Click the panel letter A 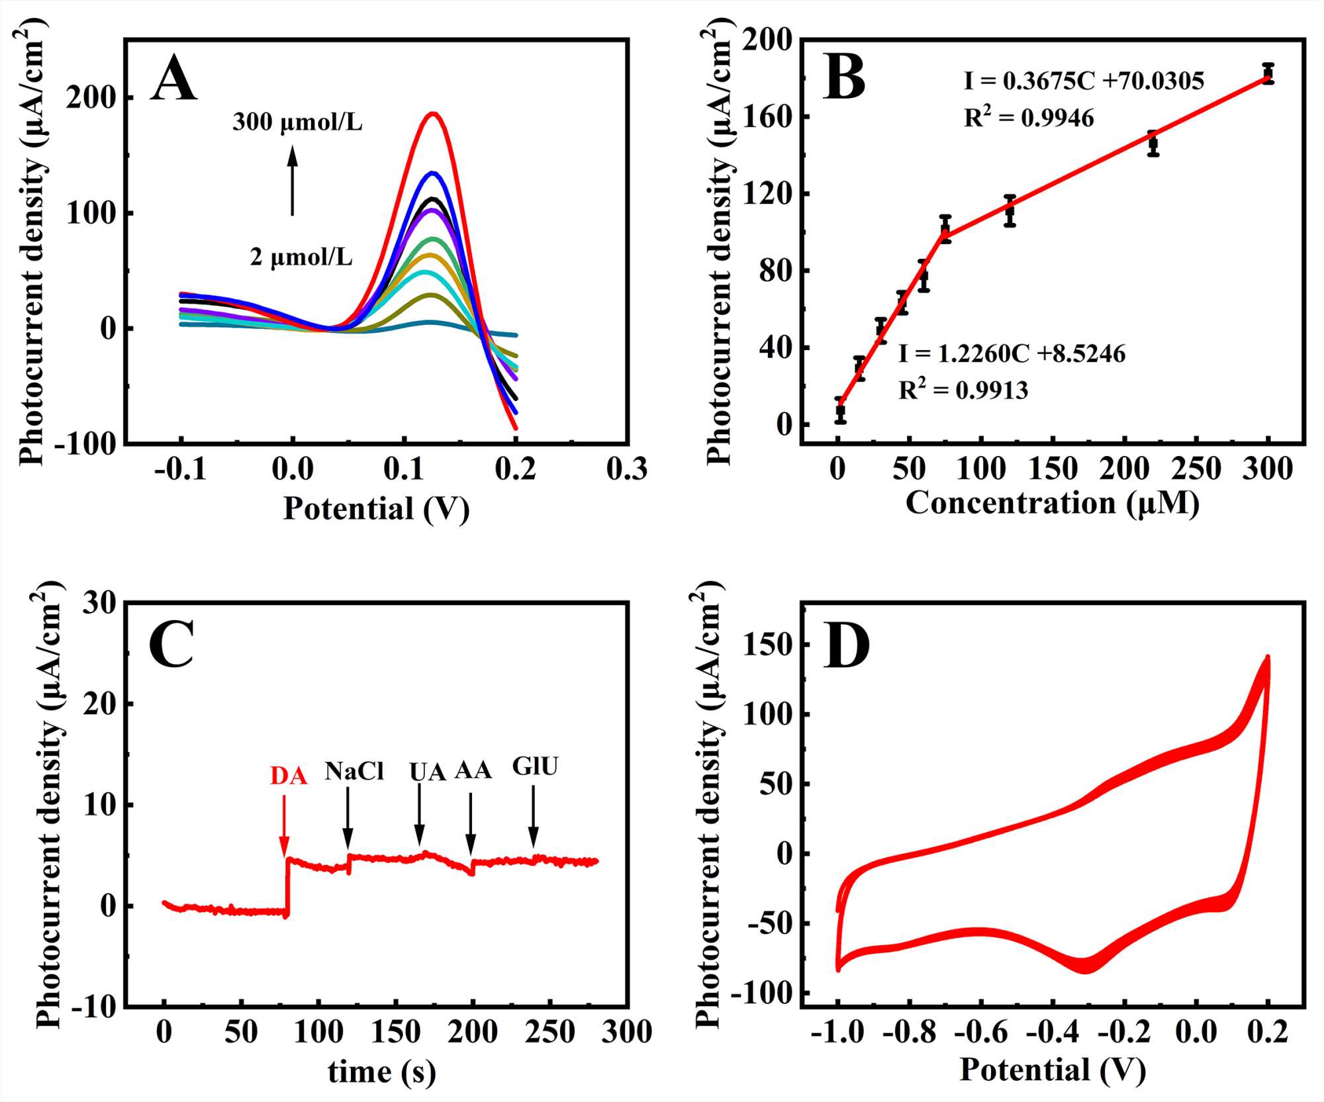[173, 79]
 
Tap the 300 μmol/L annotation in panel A [297, 122]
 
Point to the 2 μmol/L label [301, 257]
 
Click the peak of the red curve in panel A [434, 114]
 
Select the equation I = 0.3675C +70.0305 [1084, 81]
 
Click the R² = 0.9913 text [963, 390]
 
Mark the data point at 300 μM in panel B [1268, 73]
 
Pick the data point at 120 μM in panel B [1010, 211]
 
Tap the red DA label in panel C [289, 776]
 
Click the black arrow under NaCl [348, 818]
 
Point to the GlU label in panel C [535, 766]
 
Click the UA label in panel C [427, 772]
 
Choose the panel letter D [846, 647]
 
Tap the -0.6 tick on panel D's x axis [980, 1031]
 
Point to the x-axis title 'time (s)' [382, 1072]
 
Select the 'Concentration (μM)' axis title [1053, 503]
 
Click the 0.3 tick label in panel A [626, 469]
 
